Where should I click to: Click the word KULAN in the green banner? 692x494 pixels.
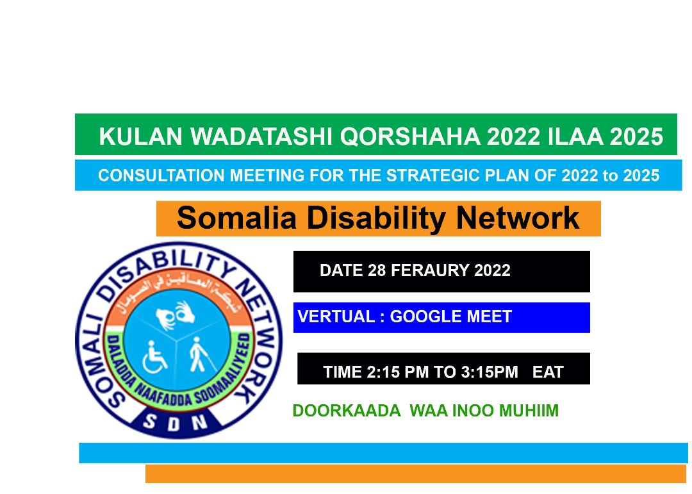(141, 136)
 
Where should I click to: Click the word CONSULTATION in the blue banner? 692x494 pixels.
(161, 176)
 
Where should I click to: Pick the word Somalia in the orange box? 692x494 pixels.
(236, 218)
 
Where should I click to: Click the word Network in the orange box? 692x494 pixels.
(518, 218)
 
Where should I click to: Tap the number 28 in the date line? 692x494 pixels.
(377, 270)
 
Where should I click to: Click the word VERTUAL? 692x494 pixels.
(336, 317)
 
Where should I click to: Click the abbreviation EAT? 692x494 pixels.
(548, 372)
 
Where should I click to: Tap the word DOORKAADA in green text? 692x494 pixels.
(347, 411)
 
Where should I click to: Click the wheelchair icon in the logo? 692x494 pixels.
(154, 357)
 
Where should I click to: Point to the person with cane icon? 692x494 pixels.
(202, 354)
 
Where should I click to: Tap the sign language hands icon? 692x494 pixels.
(175, 315)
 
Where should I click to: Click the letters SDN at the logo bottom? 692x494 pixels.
(175, 422)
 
